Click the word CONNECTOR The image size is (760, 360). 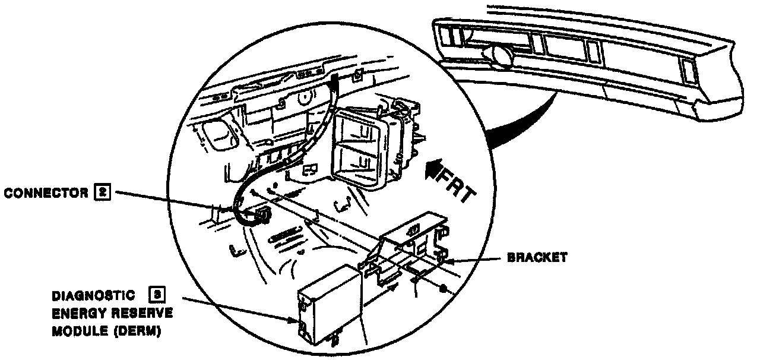[x=45, y=193]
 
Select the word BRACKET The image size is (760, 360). [x=537, y=258]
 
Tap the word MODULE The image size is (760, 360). [x=75, y=331]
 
